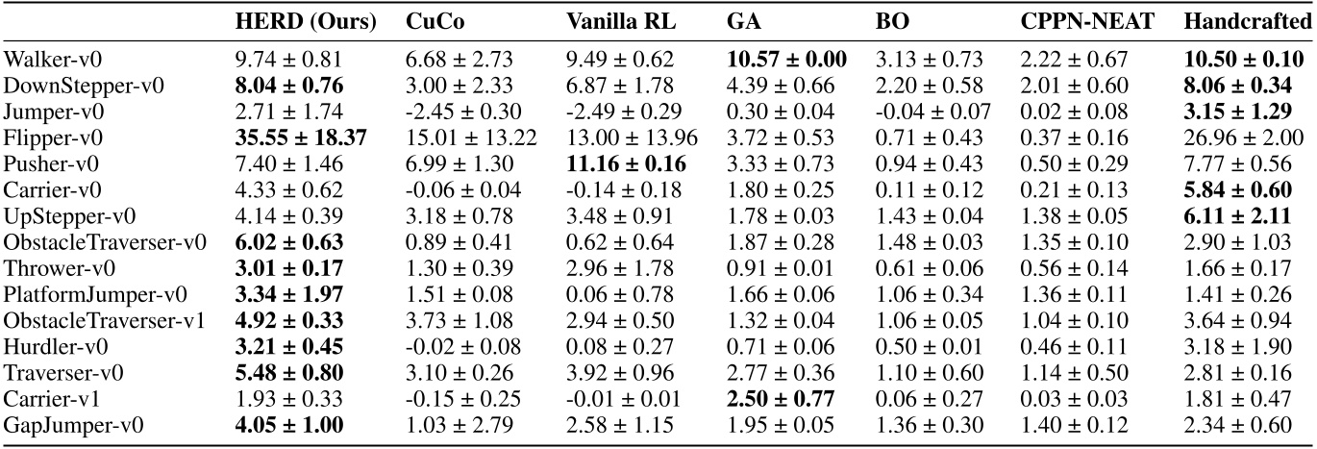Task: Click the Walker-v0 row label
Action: (45, 59)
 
